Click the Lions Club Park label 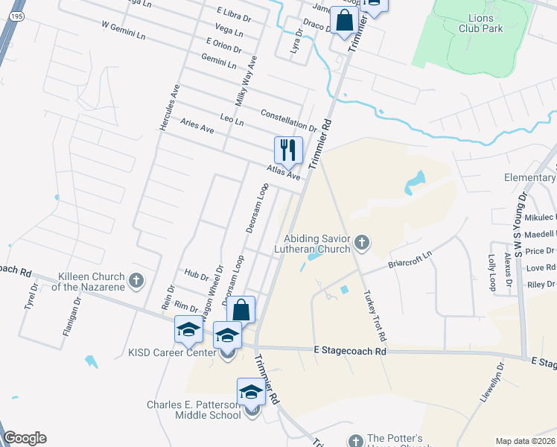[481, 23]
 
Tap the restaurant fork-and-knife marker [288, 150]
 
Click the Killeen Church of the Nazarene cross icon [136, 280]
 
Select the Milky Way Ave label [246, 81]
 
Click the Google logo [25, 438]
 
